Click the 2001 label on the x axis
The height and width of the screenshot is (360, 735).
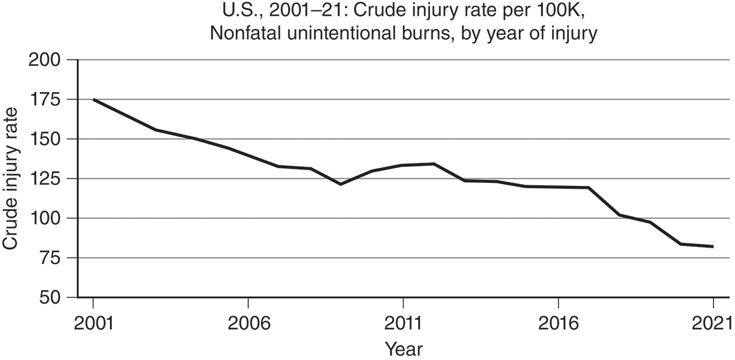[93, 322]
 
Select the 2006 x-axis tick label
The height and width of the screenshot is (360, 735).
[248, 322]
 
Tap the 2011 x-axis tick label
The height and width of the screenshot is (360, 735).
[403, 322]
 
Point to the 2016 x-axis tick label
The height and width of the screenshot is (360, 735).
[558, 322]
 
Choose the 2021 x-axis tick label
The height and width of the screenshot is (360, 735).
[712, 322]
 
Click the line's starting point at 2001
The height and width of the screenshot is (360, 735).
[93, 100]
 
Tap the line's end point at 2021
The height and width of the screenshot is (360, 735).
[712, 246]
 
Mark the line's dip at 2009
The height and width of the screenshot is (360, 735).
[341, 184]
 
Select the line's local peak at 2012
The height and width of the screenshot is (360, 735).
[434, 164]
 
